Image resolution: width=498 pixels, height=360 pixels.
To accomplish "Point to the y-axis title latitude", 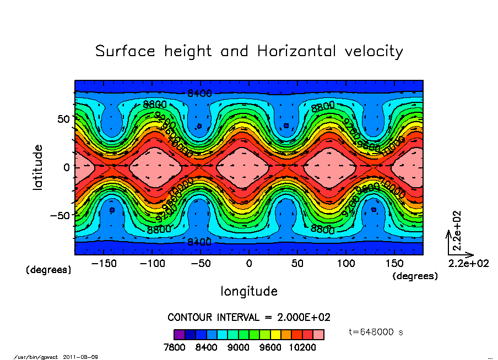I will point(38,167).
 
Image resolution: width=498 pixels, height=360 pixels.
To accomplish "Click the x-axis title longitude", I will point(249,291).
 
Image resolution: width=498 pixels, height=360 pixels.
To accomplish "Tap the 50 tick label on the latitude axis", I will point(63,119).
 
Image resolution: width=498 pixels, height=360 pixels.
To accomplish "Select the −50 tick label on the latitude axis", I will point(59,215).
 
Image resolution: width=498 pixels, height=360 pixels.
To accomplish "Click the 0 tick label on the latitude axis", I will point(67,167).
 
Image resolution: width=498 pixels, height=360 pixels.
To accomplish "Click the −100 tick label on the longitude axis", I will point(152,264).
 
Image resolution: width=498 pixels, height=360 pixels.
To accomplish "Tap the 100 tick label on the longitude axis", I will point(346,264).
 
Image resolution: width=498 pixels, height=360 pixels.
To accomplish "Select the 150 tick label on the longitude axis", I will point(394,264).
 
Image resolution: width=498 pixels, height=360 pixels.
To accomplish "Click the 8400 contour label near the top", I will point(199,93).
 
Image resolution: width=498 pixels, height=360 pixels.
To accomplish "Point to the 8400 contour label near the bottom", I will point(199,242).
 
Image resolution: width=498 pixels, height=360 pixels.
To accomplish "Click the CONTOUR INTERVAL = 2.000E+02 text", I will point(249,318).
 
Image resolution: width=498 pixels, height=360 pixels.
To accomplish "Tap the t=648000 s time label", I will point(377,332).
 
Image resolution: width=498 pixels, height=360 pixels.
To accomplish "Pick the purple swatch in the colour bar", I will point(179,334).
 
